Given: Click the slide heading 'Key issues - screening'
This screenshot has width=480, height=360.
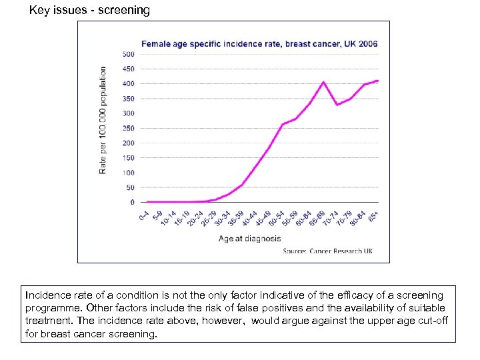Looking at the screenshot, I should click(89, 10).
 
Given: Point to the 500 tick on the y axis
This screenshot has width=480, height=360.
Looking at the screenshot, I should click(128, 54).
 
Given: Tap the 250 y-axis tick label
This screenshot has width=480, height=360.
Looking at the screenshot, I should click(128, 128).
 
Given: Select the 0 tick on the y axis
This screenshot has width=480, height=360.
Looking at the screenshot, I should click(132, 202).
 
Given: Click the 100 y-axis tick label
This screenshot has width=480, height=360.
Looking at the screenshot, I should click(128, 173).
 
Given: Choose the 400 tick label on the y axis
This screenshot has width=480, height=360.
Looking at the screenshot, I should click(128, 83).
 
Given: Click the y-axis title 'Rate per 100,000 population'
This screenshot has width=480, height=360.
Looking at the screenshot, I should click(103, 120).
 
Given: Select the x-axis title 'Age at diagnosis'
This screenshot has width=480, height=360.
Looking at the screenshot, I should click(249, 239).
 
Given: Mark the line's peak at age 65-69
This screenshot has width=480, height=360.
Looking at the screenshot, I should click(323, 82).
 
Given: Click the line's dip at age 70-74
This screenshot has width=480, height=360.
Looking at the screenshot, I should click(337, 105).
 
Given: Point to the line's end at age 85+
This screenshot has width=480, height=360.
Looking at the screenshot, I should click(378, 81).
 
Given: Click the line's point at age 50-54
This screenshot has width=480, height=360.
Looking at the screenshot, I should click(283, 125).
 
